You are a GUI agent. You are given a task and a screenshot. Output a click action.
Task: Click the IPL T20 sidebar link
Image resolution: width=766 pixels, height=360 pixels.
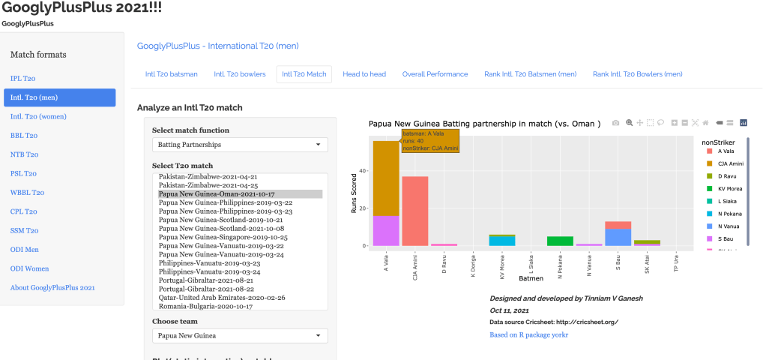click(x=22, y=78)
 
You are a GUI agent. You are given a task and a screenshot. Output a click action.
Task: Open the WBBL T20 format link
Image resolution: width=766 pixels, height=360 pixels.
click(x=27, y=193)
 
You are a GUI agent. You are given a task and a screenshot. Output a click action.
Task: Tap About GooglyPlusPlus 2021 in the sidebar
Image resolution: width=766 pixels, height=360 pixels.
click(x=52, y=288)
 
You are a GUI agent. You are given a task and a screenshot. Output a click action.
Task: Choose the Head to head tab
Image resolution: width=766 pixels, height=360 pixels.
click(x=364, y=74)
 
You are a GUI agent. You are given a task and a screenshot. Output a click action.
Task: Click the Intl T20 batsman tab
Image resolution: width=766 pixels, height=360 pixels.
click(x=172, y=74)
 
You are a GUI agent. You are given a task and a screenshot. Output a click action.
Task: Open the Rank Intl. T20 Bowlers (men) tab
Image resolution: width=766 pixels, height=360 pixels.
click(x=637, y=74)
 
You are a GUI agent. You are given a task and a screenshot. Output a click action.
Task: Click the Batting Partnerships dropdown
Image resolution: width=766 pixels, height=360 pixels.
click(x=240, y=144)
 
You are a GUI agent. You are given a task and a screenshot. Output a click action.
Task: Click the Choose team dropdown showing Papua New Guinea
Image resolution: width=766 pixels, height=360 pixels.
click(x=240, y=336)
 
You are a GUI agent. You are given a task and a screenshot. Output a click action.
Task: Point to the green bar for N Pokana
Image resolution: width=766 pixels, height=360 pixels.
click(x=560, y=241)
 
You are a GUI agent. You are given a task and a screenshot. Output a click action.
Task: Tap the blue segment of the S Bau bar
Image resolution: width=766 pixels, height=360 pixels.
click(x=618, y=237)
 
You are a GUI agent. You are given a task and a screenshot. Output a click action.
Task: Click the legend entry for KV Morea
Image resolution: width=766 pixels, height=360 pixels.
click(x=730, y=189)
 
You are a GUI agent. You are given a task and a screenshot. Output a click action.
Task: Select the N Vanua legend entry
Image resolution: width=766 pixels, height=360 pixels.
click(x=730, y=224)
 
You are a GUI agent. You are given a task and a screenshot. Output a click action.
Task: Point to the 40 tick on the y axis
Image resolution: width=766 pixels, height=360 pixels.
click(x=364, y=171)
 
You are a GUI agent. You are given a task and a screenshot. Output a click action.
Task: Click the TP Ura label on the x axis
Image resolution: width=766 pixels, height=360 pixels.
click(x=677, y=264)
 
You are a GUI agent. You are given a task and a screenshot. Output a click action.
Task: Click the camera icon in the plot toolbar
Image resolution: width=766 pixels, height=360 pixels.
click(x=615, y=122)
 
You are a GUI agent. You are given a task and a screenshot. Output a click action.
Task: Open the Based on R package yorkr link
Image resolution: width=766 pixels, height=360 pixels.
click(x=529, y=334)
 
